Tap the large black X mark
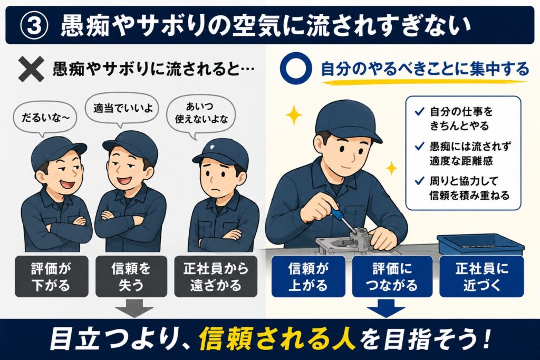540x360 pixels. click(31, 69)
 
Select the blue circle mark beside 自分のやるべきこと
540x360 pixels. click(296, 67)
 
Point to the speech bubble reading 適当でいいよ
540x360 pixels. click(122, 110)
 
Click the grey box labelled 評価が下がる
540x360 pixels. click(51, 276)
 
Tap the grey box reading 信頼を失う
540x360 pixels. click(131, 276)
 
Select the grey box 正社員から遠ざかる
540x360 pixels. click(216, 276)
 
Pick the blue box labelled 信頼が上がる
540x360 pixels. click(308, 276)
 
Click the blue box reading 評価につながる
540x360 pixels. click(392, 276)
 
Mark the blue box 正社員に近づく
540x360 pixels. click(481, 276)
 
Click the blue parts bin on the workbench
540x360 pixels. click(480, 245)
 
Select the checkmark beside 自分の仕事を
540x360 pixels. click(419, 112)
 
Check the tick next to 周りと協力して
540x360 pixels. click(419, 181)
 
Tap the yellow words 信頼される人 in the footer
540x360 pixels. click(277, 339)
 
